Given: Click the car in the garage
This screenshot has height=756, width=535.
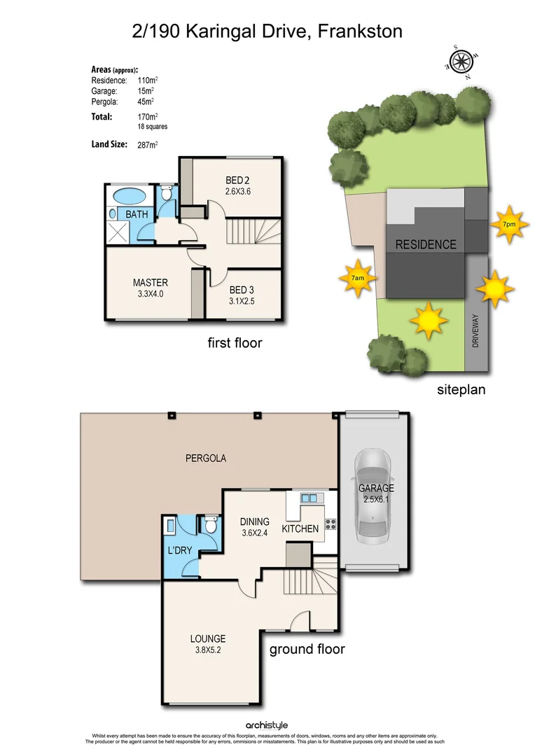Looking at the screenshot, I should pos(375,498).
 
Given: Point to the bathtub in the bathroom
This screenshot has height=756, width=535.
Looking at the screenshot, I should pos(128,195).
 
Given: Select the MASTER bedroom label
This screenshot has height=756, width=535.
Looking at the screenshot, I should pos(151,283).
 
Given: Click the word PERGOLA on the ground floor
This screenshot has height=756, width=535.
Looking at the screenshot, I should pos(205,458).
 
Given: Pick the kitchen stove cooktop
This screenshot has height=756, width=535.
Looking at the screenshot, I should pos(330,523).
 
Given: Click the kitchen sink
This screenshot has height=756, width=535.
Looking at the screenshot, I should pos(309,498).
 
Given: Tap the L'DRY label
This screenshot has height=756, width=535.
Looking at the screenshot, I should pos(179,551).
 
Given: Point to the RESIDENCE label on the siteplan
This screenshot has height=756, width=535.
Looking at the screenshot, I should pos(426,245).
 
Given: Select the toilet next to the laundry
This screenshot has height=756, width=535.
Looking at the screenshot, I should pos(210,525).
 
